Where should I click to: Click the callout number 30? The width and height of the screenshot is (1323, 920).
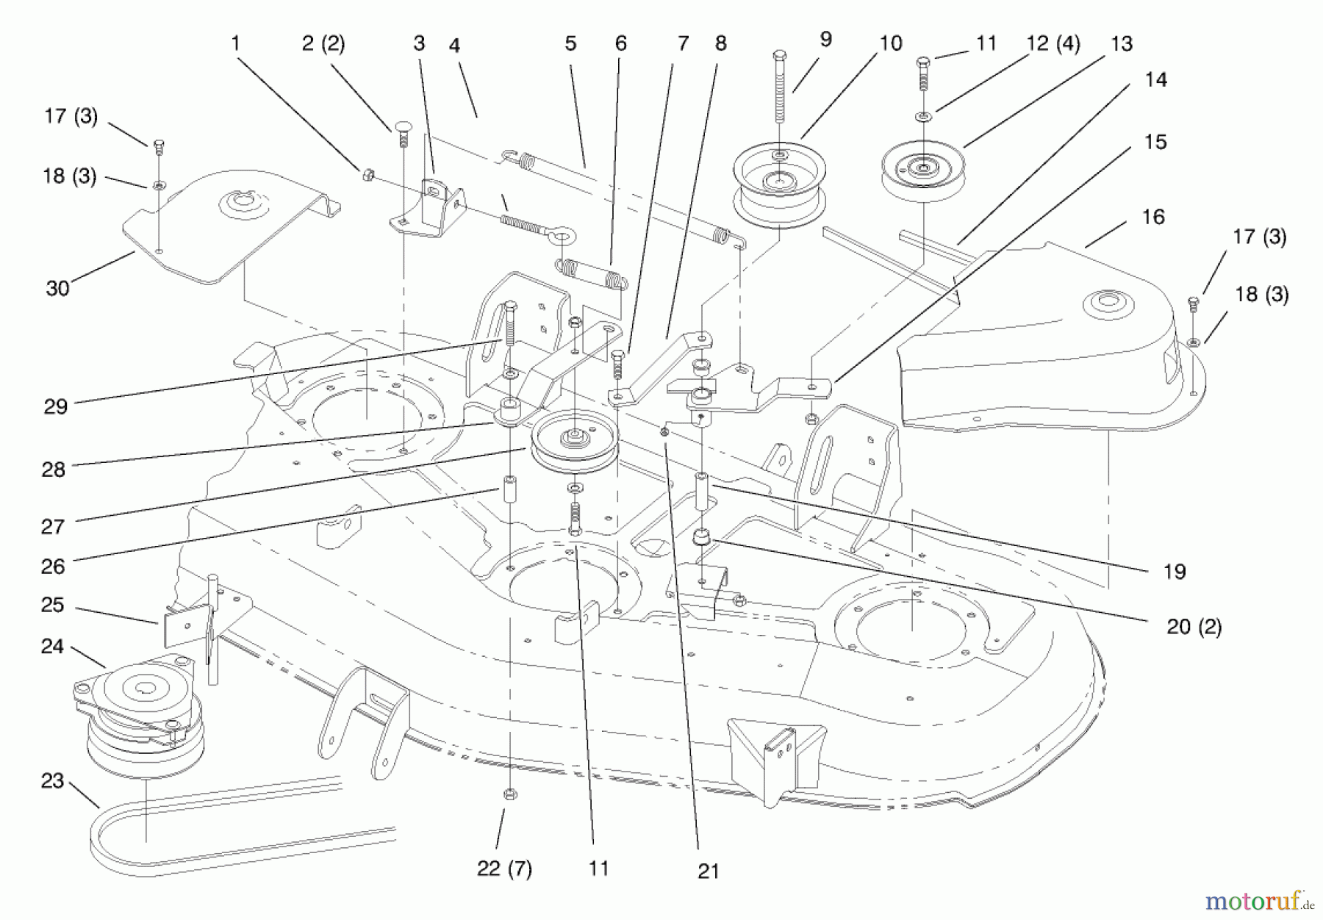pos(57,288)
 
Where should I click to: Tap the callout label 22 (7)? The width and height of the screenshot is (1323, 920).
pos(504,869)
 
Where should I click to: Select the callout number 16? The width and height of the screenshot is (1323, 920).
pos(1153,217)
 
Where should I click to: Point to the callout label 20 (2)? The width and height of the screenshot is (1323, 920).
pos(1194,627)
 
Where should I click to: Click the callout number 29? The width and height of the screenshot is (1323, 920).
pos(56,406)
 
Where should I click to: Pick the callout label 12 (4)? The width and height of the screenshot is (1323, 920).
pos(1053,44)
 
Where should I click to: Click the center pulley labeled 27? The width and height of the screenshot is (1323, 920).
pos(573,441)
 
